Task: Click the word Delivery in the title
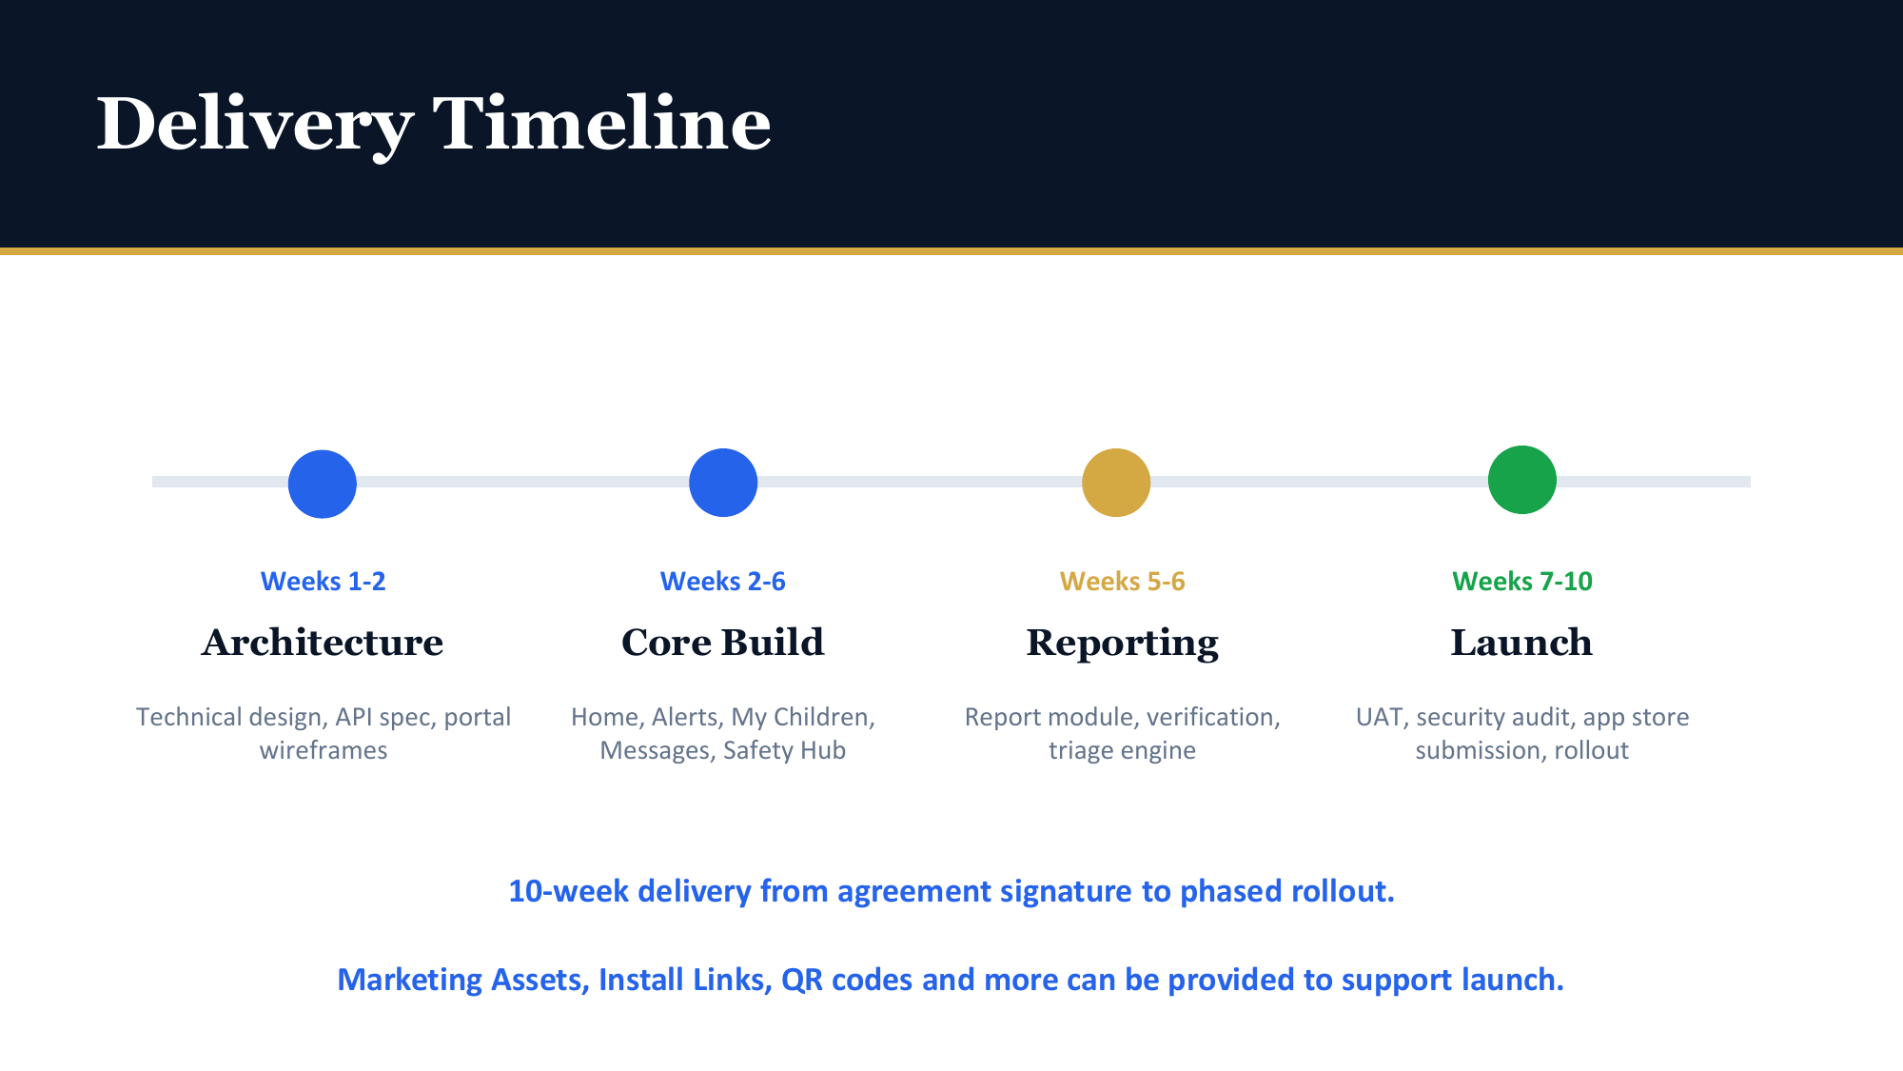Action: [x=255, y=125]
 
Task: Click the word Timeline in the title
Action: [x=601, y=123]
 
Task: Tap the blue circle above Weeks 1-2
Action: [x=323, y=484]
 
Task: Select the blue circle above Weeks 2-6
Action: [x=723, y=483]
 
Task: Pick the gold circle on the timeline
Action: [x=1116, y=483]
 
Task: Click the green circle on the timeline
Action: [x=1522, y=480]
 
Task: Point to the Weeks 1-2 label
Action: [x=324, y=581]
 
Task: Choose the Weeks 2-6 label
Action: [x=723, y=581]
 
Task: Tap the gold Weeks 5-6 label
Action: [x=1123, y=581]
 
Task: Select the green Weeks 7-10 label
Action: [x=1522, y=581]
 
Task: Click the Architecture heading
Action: [x=323, y=643]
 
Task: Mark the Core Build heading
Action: [x=723, y=643]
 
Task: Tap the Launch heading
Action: [x=1521, y=643]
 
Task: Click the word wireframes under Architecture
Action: [x=324, y=750]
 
